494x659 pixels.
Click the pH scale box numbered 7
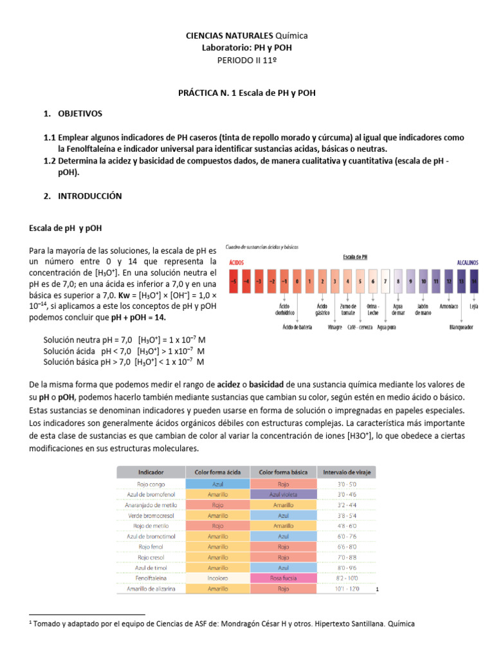(385, 281)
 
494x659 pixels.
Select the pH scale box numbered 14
(474, 281)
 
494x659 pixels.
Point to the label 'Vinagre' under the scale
(334, 327)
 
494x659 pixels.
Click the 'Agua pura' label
(386, 327)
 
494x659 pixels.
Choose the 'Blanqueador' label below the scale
(461, 327)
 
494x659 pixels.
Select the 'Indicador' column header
(151, 472)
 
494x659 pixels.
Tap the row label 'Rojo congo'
(151, 483)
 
